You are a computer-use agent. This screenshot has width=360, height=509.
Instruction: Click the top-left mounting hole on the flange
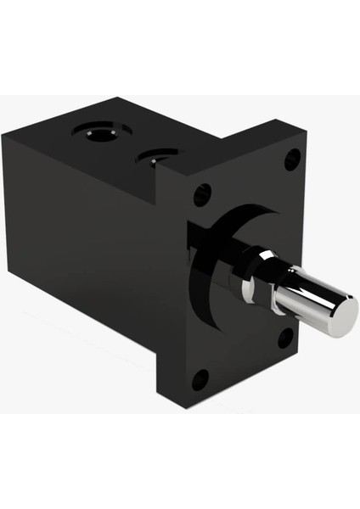click(x=202, y=194)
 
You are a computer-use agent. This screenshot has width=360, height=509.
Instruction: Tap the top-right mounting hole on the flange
click(x=291, y=158)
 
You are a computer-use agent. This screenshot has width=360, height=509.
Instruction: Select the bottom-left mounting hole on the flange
click(x=200, y=378)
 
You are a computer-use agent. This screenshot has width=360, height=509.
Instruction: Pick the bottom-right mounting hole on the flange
click(x=286, y=338)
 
